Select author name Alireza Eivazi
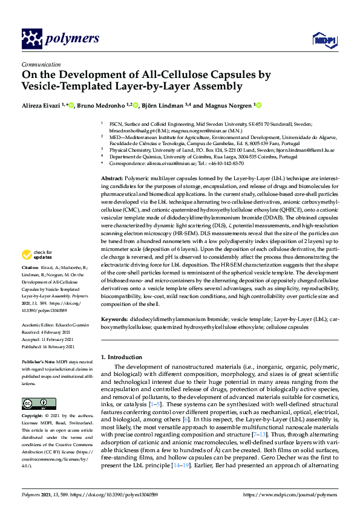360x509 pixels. point(44,106)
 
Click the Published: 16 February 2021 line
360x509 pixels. point(48,346)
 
